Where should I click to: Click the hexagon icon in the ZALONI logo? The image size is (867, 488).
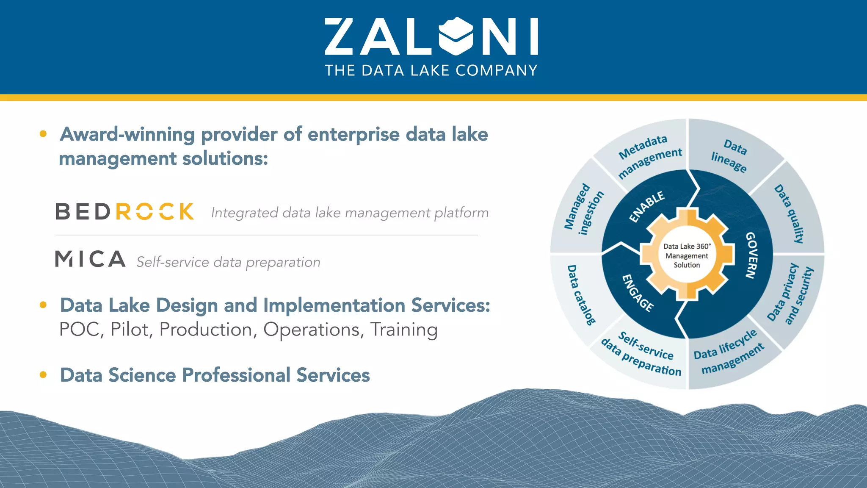click(456, 36)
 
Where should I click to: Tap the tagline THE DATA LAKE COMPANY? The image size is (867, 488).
click(431, 70)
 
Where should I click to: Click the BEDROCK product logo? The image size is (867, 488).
click(125, 211)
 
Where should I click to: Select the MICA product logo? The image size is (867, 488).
click(90, 259)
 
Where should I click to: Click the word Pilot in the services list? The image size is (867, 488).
click(131, 330)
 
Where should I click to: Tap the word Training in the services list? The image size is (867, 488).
click(404, 330)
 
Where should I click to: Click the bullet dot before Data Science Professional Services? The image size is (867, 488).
click(43, 374)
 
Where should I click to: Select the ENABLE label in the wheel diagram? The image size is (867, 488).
click(646, 206)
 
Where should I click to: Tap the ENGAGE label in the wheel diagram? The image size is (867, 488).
click(638, 293)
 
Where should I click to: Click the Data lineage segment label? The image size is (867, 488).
click(729, 155)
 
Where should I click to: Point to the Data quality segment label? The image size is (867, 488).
click(789, 213)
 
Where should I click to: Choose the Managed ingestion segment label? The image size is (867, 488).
click(583, 209)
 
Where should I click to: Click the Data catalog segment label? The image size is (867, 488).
click(581, 295)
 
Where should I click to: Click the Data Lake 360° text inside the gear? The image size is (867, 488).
click(687, 246)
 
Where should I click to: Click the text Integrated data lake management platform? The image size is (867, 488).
click(350, 213)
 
